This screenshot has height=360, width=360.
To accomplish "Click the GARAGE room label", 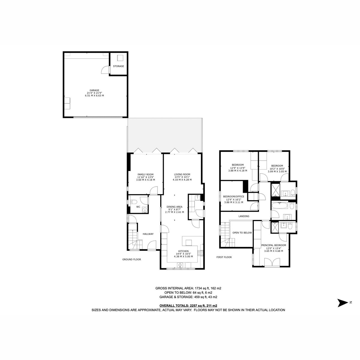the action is tap(94, 90).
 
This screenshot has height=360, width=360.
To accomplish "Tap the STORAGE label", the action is tap(118, 66).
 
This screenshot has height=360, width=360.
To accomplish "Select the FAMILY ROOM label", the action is tap(145, 175).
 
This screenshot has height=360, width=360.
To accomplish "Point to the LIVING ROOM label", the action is tap(182, 175).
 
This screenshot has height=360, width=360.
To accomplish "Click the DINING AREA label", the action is tap(175, 207).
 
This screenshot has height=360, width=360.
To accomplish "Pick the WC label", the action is tap(138, 207).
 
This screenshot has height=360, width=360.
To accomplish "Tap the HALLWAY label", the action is tap(148, 234).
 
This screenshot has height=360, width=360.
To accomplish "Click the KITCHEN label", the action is tap(184, 251).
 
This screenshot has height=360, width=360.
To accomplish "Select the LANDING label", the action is tap(244, 216).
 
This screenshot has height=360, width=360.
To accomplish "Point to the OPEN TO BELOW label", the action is tap(242, 233).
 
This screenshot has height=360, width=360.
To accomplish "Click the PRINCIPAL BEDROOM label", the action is tap(274, 245).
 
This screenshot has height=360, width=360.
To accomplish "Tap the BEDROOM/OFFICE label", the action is tap(234, 196).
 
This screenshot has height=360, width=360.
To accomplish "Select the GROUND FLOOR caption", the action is tap(132, 259).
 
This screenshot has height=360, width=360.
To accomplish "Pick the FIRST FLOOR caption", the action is tap(224, 257).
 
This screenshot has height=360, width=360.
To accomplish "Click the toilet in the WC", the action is tap(133, 202).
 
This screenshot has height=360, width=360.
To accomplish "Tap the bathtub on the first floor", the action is tap(280, 206).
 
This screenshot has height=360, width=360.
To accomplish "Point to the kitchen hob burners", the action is tap(200, 253).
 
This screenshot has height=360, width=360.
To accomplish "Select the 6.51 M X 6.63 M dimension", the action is tap(94, 95).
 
